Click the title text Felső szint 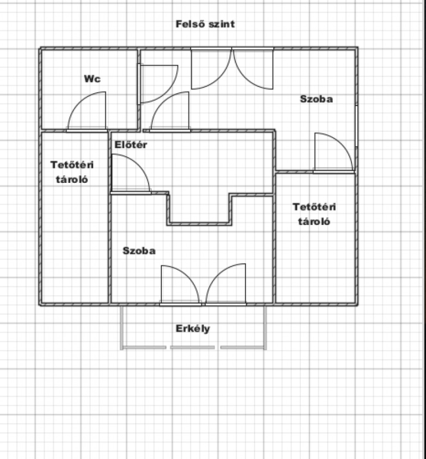pos(205,24)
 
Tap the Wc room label pos(92,79)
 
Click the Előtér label pos(131,144)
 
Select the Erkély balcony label pos(193,329)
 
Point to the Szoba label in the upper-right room pos(316,99)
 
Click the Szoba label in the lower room pos(139,251)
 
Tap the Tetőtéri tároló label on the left pos(72,172)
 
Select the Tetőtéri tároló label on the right pos(314,214)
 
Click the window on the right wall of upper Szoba pos(357,126)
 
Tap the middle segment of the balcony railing pos(192,347)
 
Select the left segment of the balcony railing pos(144,347)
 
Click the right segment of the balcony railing pos(243,347)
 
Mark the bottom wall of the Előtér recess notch pos(199,224)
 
